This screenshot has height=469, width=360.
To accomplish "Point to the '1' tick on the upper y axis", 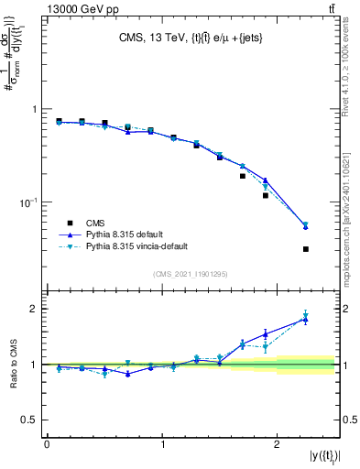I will coord(35,109).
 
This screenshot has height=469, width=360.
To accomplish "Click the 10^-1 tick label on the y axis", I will coord(27,202).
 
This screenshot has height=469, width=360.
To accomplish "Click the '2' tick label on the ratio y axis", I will coord(35,309).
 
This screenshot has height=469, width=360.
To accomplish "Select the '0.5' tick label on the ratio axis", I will coord(30,420).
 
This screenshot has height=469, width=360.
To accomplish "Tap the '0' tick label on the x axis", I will coord(47,444).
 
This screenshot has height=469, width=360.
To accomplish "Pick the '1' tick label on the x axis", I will coord(162,444).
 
